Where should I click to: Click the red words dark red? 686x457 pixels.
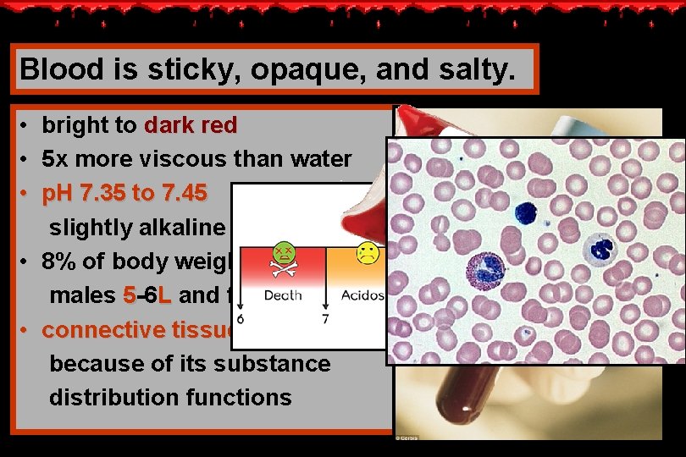[191, 126]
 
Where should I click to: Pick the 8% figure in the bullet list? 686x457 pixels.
[62, 261]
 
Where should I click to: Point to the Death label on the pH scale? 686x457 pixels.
[282, 296]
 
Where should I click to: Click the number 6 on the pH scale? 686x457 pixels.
[241, 320]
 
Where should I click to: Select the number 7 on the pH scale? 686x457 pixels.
[325, 320]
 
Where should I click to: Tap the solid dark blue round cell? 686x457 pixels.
[527, 212]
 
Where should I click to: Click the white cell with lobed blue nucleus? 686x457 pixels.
[602, 249]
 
